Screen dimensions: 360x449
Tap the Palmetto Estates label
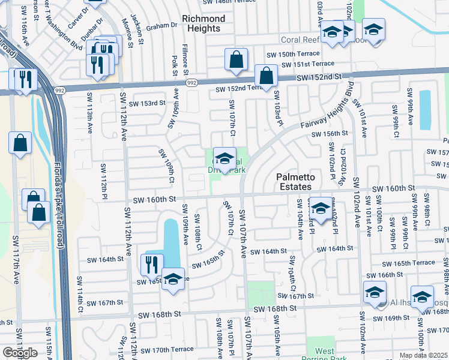click(299, 182)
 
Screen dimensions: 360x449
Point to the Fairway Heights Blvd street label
click(327, 113)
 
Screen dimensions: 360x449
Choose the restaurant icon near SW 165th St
click(151, 263)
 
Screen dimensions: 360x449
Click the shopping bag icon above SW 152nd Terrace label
click(265, 76)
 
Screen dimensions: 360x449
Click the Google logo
click(20, 352)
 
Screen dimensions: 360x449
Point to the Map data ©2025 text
click(424, 355)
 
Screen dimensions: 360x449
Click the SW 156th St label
click(330, 134)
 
